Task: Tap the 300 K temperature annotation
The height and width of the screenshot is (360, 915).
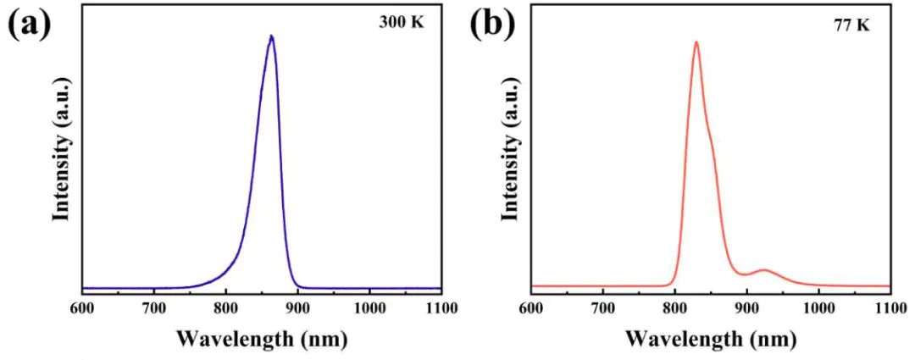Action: pyautogui.click(x=400, y=23)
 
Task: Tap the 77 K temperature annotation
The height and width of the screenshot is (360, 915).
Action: pyautogui.click(x=851, y=25)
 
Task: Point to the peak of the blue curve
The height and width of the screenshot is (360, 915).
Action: pyautogui.click(x=271, y=36)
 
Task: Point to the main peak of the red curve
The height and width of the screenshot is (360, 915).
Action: pyautogui.click(x=696, y=42)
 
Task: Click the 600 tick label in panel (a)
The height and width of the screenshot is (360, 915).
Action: pyautogui.click(x=82, y=308)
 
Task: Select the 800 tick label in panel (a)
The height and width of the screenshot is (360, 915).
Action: pyautogui.click(x=225, y=308)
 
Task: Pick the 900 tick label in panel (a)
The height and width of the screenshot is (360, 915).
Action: pyautogui.click(x=297, y=308)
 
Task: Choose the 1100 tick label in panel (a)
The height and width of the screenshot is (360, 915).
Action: pyautogui.click(x=441, y=308)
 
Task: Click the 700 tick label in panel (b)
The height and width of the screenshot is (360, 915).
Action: pyautogui.click(x=602, y=308)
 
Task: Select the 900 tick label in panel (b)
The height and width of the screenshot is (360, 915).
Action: pyautogui.click(x=746, y=308)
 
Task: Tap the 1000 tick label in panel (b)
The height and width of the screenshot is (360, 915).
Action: pyautogui.click(x=818, y=308)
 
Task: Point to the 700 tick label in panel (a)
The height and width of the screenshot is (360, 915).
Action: pyautogui.click(x=153, y=308)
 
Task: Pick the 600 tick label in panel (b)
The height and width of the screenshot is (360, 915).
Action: pyautogui.click(x=531, y=308)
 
